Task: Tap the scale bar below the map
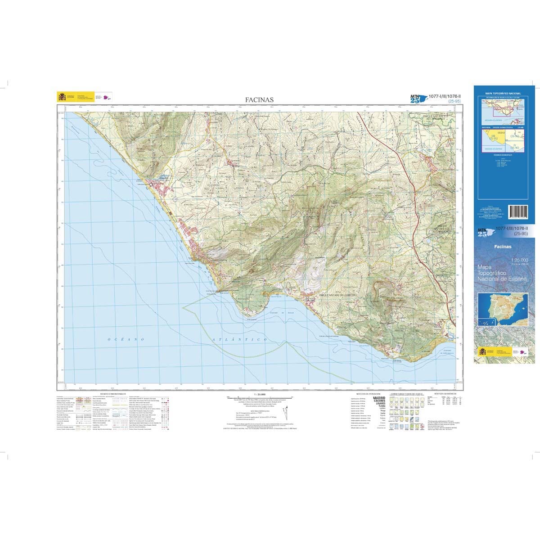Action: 260,397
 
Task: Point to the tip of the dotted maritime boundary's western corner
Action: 183,308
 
